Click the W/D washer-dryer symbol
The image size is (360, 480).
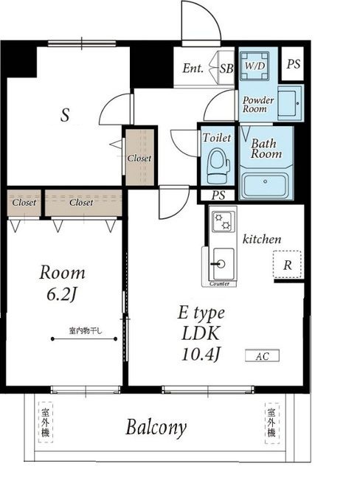tap(255, 66)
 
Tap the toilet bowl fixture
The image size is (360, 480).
tap(218, 166)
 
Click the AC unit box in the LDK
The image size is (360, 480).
tap(262, 355)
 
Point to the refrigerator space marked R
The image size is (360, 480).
tap(287, 264)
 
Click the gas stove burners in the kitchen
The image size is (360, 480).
tap(223, 222)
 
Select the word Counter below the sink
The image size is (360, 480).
tap(219, 284)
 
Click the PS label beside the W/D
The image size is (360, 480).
tap(293, 64)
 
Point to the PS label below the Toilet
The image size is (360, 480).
tap(218, 195)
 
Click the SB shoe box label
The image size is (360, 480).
tap(226, 69)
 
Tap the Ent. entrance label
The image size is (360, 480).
tap(193, 68)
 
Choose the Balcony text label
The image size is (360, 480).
tap(156, 428)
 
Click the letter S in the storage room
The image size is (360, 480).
tap(65, 115)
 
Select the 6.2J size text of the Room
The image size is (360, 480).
tap(61, 294)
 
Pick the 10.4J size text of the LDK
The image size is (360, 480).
tap(201, 355)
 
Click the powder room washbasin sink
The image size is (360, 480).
tap(289, 103)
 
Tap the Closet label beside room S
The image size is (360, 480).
tap(139, 158)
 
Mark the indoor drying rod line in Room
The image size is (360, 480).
tap(84, 338)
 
